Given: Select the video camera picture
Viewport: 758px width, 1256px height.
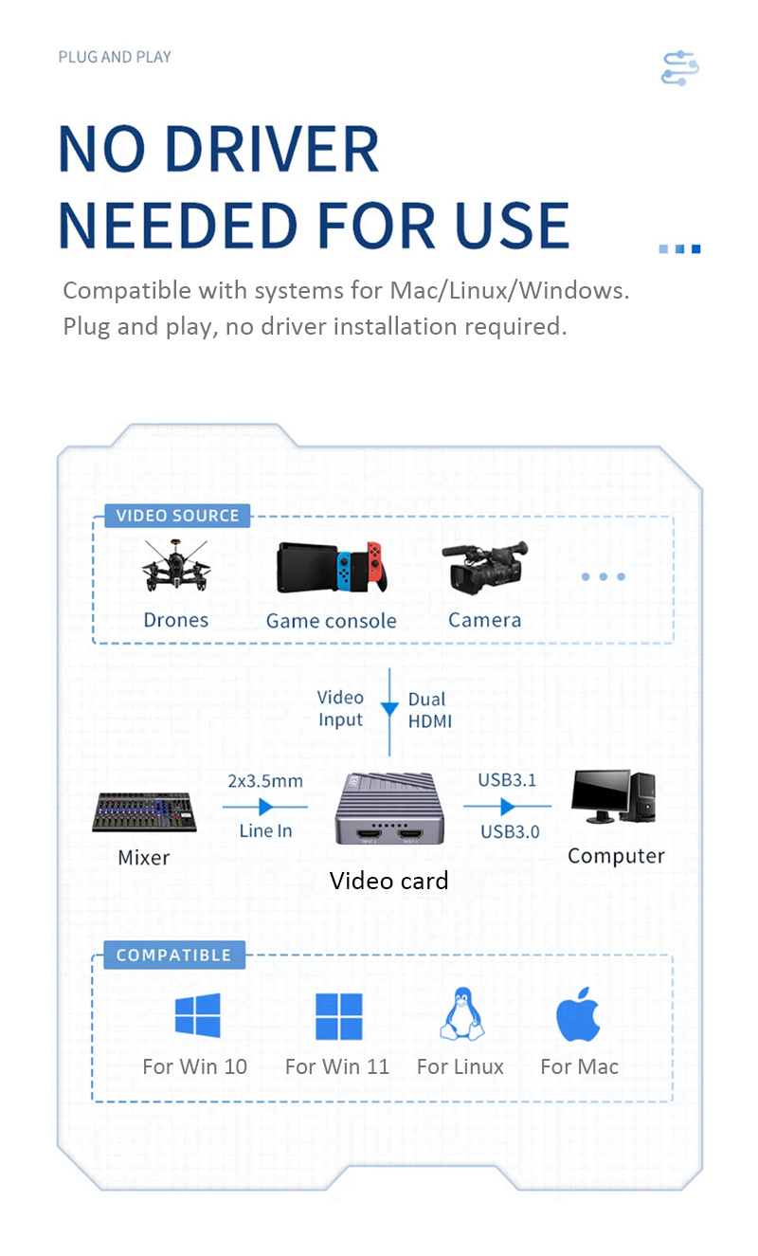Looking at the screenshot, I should pos(485,569).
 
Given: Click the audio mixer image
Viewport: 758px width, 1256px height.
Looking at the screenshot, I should pos(144,811).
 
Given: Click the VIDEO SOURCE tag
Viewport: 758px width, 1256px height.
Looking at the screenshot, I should pos(177,516).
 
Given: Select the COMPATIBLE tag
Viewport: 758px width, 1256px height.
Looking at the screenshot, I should pos(173,955).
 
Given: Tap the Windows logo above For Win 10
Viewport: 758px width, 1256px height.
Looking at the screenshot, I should pos(197,1015).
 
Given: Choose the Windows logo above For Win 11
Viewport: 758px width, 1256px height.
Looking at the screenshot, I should pos(338,1016).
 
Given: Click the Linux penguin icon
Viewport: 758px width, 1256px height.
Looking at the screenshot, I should pos(461,1014).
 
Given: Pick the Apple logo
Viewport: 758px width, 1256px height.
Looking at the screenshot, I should pos(578,1014).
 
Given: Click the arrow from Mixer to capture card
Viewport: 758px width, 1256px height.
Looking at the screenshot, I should pos(265,807).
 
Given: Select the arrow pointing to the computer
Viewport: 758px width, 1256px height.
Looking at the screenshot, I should pos(507,807).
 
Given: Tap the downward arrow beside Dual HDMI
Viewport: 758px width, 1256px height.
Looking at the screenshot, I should pos(389,709).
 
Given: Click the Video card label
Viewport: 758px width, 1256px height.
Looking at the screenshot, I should pos(388,881).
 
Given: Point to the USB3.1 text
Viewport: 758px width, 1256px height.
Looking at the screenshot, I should pos(507,780).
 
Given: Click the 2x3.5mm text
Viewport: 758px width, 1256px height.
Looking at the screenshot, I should pos(265,781).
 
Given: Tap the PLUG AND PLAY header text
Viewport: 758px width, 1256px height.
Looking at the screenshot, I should pos(115,57).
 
